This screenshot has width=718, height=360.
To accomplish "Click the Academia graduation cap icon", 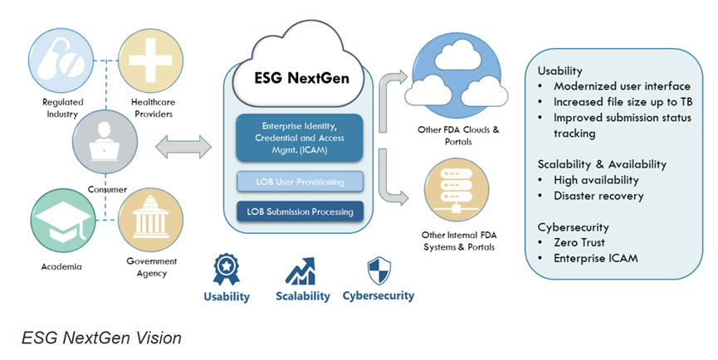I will [56, 219].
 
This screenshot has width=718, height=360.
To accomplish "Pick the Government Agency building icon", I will [148, 219].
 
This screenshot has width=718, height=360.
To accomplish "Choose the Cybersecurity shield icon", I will [379, 270].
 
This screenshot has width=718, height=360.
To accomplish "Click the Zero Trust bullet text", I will [583, 243].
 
